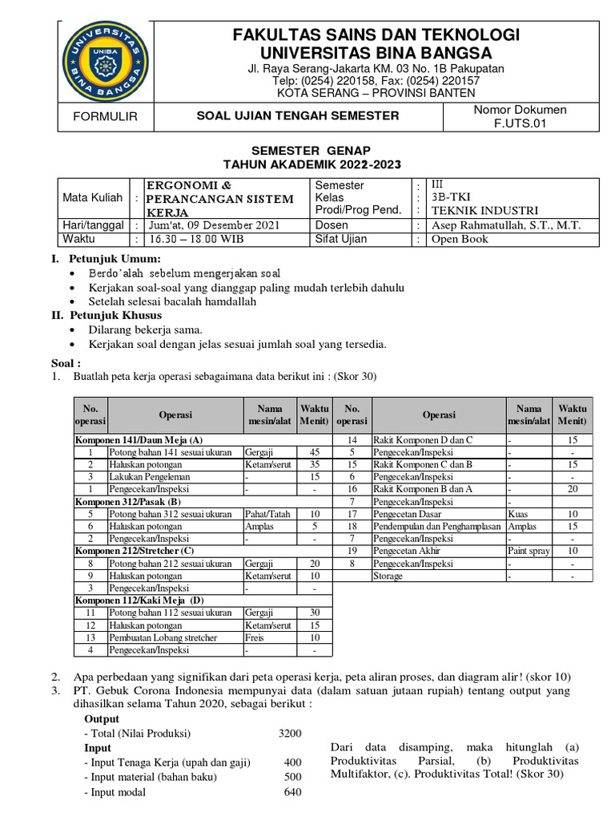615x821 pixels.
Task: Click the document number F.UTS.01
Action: point(520,123)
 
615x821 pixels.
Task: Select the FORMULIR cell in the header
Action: point(106,116)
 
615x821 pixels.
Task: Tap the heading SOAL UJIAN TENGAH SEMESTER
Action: point(298,116)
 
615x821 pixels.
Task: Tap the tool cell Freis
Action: point(255,637)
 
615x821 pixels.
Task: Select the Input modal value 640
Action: point(292,793)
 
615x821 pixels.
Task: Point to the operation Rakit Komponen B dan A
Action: point(422,489)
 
